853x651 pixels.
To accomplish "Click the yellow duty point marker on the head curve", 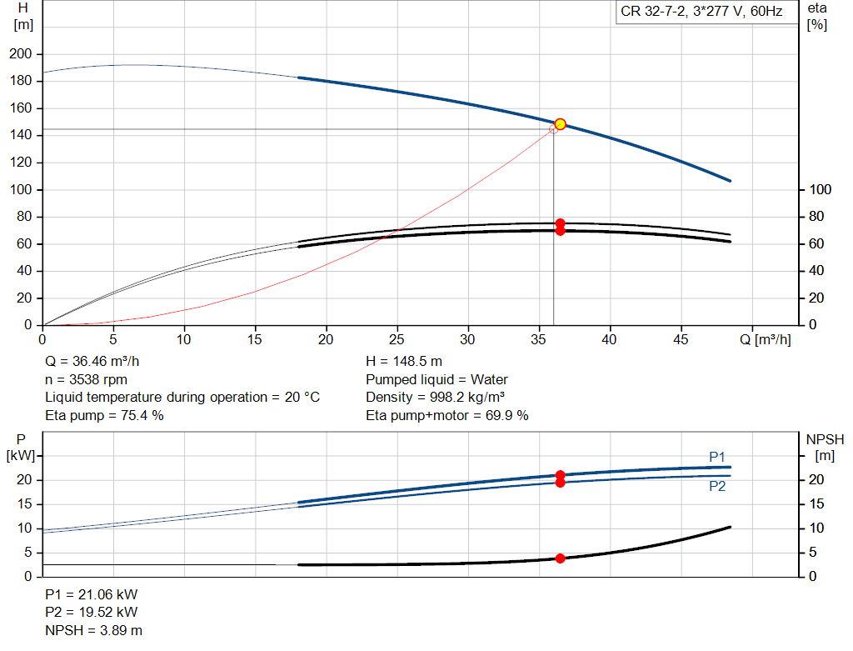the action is pyautogui.click(x=560, y=124).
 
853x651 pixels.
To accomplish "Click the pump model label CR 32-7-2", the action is pyautogui.click(x=653, y=12).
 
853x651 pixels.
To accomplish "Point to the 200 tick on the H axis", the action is pyautogui.click(x=21, y=54).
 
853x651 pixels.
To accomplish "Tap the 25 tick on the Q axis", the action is pyautogui.click(x=397, y=339).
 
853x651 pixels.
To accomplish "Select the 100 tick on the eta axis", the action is pyautogui.click(x=821, y=189).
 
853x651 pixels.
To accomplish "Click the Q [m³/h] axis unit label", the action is pyautogui.click(x=766, y=339).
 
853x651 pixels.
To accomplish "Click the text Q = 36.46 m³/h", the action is pyautogui.click(x=92, y=362).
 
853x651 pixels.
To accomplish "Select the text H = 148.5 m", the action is pyautogui.click(x=404, y=362).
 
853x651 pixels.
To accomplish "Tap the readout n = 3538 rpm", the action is pyautogui.click(x=86, y=379).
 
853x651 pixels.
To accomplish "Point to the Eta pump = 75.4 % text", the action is pyautogui.click(x=104, y=416).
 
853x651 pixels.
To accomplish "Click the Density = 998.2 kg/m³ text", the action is pyautogui.click(x=435, y=398).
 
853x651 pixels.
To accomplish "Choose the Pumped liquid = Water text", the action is pyautogui.click(x=436, y=379).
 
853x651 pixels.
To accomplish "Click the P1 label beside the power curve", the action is pyautogui.click(x=717, y=457).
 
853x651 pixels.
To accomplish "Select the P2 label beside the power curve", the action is pyautogui.click(x=717, y=486).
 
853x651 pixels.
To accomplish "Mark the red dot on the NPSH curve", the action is pyautogui.click(x=561, y=558).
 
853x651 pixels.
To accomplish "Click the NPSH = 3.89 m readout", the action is pyautogui.click(x=93, y=630).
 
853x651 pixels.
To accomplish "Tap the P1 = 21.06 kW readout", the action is pyautogui.click(x=92, y=594).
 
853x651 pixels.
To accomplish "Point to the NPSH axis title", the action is pyautogui.click(x=825, y=448).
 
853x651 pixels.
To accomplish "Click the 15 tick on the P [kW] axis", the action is pyautogui.click(x=24, y=504).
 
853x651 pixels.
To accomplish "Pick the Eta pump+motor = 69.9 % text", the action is pyautogui.click(x=447, y=416).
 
